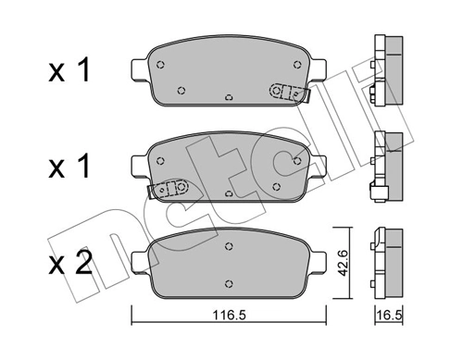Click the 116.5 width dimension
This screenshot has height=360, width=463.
coord(228,315)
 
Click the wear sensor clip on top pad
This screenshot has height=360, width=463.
coord(285,93)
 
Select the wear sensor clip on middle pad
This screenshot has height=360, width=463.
coord(169,188)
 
